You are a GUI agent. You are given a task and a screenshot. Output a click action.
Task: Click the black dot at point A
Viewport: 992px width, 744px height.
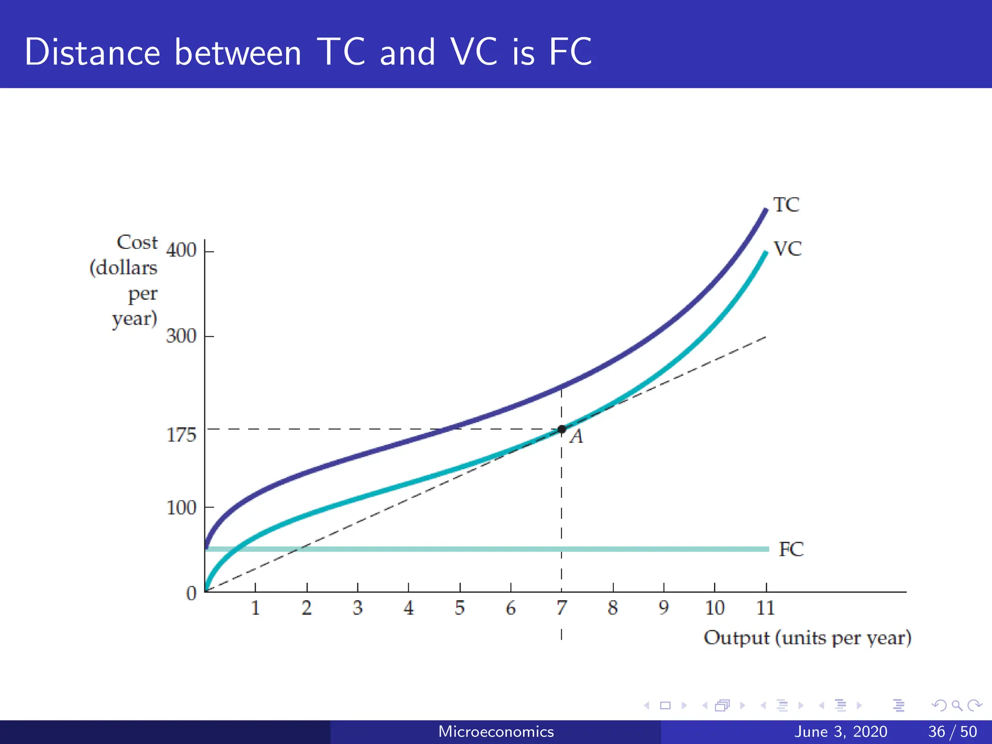(x=561, y=429)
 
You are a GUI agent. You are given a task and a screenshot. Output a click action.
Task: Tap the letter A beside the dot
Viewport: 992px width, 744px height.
(x=576, y=437)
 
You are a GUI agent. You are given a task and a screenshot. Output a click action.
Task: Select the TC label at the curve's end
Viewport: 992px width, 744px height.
(x=786, y=205)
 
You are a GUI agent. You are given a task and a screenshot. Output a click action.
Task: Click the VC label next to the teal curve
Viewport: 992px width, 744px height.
(x=788, y=249)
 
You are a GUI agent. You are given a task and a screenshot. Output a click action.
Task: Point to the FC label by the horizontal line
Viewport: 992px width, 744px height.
(x=791, y=549)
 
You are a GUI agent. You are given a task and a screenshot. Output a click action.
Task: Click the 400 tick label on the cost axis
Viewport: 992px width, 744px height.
(x=181, y=250)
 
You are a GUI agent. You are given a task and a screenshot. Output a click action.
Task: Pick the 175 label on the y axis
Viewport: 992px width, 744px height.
(x=181, y=435)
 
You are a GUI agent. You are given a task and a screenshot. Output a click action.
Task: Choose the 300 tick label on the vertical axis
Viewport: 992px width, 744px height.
(x=181, y=336)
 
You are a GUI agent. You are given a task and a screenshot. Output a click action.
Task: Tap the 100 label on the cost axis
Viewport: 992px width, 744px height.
(x=181, y=508)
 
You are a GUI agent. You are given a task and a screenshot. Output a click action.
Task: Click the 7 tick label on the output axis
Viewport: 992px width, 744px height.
(x=561, y=608)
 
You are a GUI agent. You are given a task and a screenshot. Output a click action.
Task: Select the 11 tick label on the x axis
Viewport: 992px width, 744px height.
(x=765, y=608)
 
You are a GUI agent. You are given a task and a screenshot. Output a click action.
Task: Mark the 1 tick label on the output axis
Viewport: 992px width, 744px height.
(x=255, y=608)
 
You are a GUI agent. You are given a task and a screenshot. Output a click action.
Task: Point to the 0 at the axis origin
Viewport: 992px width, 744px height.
(x=191, y=593)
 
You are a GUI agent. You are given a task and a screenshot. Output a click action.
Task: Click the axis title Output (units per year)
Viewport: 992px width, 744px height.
(x=807, y=638)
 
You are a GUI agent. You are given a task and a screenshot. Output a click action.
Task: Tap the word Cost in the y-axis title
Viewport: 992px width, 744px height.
(x=137, y=242)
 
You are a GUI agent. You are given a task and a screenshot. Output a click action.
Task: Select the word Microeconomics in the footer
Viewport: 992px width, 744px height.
(x=496, y=731)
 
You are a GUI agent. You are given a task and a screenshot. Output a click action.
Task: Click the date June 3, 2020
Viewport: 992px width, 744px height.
(x=841, y=731)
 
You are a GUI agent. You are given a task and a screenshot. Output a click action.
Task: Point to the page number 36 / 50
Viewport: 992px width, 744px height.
(x=952, y=731)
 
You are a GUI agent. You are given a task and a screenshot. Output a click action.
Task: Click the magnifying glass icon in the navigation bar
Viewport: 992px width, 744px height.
(x=957, y=705)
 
